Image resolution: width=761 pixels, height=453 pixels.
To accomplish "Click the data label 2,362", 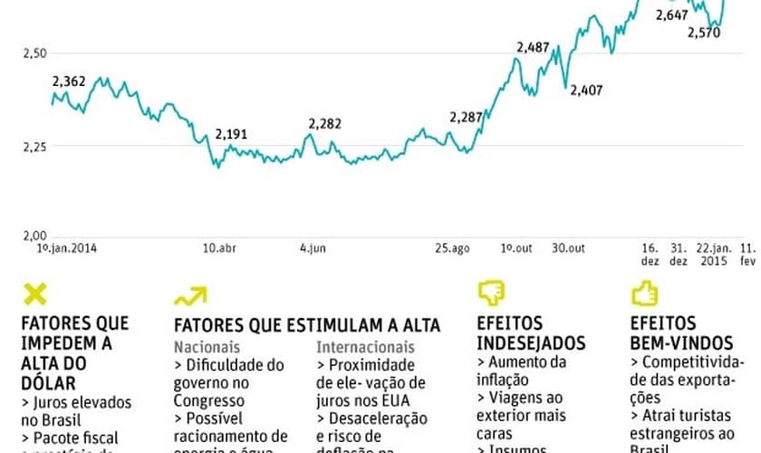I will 69,82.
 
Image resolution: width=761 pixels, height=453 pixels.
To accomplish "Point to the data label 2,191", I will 231,134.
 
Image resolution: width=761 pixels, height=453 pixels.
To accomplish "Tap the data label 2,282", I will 325,123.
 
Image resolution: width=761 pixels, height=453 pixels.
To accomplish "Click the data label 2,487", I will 533,47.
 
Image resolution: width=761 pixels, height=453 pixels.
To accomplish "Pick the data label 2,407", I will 586,89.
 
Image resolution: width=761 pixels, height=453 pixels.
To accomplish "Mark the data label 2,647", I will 671,15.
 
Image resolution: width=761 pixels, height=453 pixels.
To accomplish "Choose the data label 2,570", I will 704,33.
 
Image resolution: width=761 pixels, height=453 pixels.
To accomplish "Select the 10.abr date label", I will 220,247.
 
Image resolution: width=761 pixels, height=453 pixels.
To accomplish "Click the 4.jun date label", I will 313,247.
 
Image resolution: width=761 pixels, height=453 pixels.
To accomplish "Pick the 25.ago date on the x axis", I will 451,247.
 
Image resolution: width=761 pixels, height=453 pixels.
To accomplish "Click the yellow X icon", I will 34,294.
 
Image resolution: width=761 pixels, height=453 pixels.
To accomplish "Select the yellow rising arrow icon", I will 190,295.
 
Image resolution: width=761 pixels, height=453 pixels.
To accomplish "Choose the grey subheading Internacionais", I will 365,346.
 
